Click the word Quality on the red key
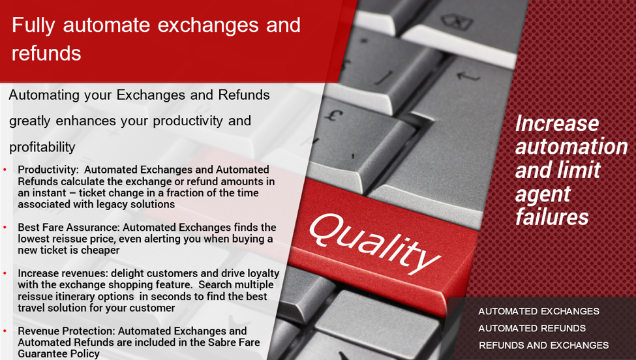coord(375,243)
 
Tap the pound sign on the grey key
coord(333,115)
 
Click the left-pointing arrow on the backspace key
coord(468,76)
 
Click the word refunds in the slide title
coord(46,53)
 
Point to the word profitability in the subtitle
coord(42,147)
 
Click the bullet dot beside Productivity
coord(5,170)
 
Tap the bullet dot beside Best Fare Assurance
coord(5,228)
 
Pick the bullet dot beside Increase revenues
coord(5,274)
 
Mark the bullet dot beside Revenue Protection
coord(5,331)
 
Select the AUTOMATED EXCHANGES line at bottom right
coord(539,311)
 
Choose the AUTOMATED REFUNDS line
coord(532,329)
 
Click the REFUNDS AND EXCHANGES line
coord(543,346)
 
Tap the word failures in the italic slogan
coord(552,217)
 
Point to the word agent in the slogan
coord(543,194)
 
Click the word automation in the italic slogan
coord(571,147)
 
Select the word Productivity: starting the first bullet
coord(48,170)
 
